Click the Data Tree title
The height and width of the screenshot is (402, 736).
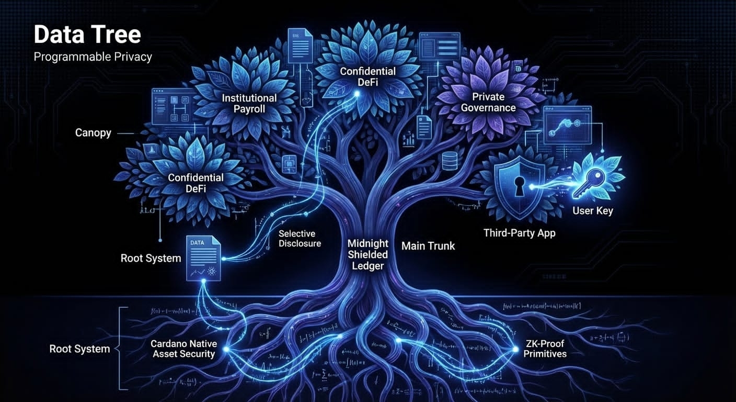(87, 35)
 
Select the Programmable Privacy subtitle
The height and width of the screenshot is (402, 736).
(93, 57)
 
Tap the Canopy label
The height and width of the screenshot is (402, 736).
(93, 133)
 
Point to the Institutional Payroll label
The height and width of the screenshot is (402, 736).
(249, 104)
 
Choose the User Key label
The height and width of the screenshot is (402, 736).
(592, 211)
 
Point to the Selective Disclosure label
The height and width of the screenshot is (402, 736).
(300, 239)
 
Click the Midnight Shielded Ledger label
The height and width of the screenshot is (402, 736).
(367, 254)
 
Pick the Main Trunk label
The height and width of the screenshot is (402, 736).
(428, 245)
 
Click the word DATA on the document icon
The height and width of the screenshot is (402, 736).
(197, 243)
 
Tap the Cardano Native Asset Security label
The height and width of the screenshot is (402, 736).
(182, 349)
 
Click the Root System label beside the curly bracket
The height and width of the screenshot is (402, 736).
(79, 349)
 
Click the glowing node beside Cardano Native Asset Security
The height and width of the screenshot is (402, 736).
(226, 348)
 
